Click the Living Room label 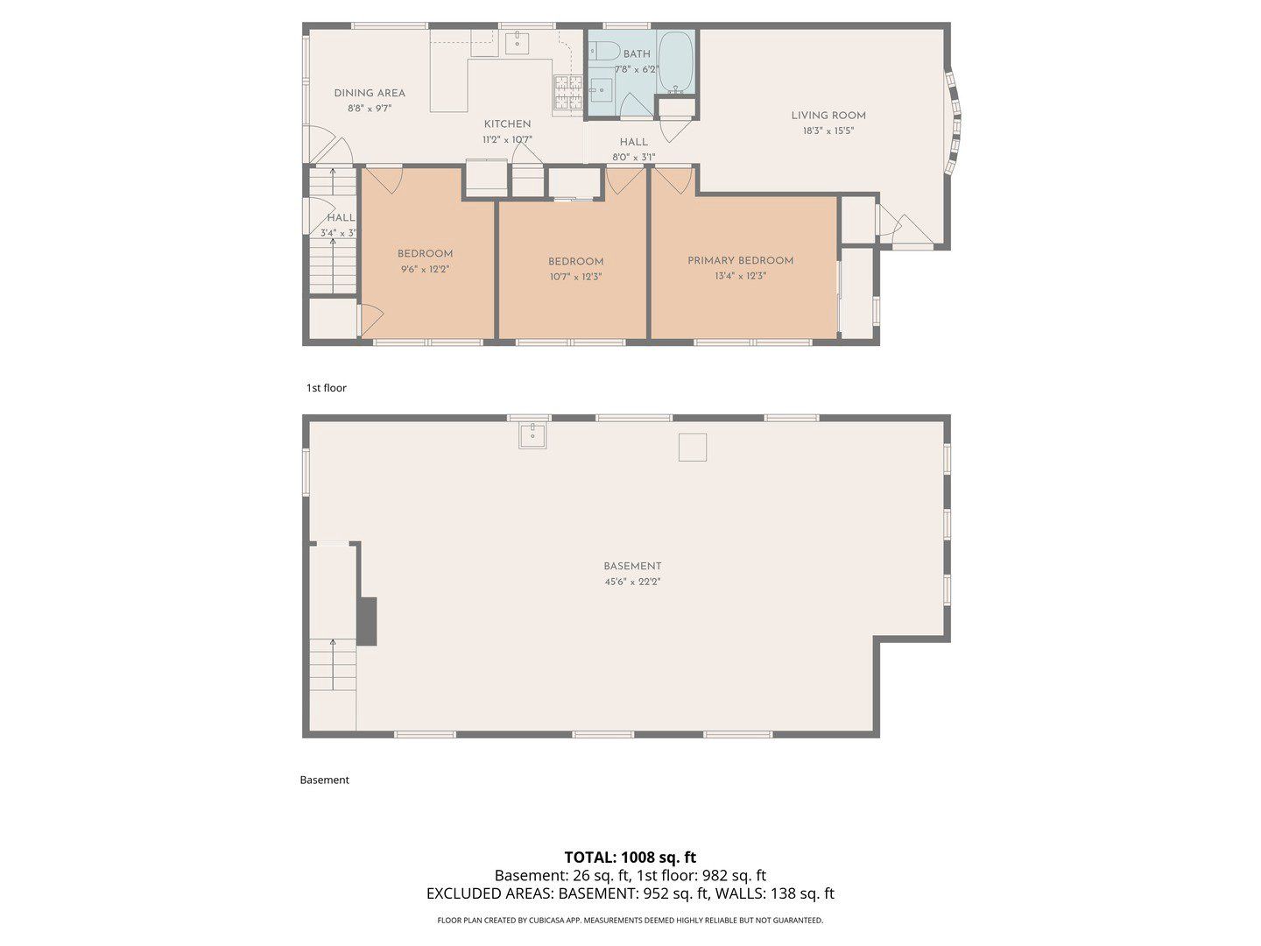tap(828, 116)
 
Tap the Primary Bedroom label tap(740, 260)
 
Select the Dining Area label tap(370, 93)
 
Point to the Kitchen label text tap(507, 124)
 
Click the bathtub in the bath tap(676, 62)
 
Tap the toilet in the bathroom tap(603, 51)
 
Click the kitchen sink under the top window tap(517, 43)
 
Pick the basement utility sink tap(532, 434)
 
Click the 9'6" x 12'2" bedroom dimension tap(425, 269)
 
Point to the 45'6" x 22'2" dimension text tap(632, 582)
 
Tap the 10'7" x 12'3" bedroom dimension tap(575, 277)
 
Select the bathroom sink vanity tap(601, 90)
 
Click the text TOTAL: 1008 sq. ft tap(630, 858)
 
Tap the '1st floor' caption tap(327, 388)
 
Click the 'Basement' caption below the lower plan tap(325, 780)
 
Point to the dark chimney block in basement tap(368, 621)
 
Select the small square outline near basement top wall tap(693, 448)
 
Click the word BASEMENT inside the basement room tap(632, 567)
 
